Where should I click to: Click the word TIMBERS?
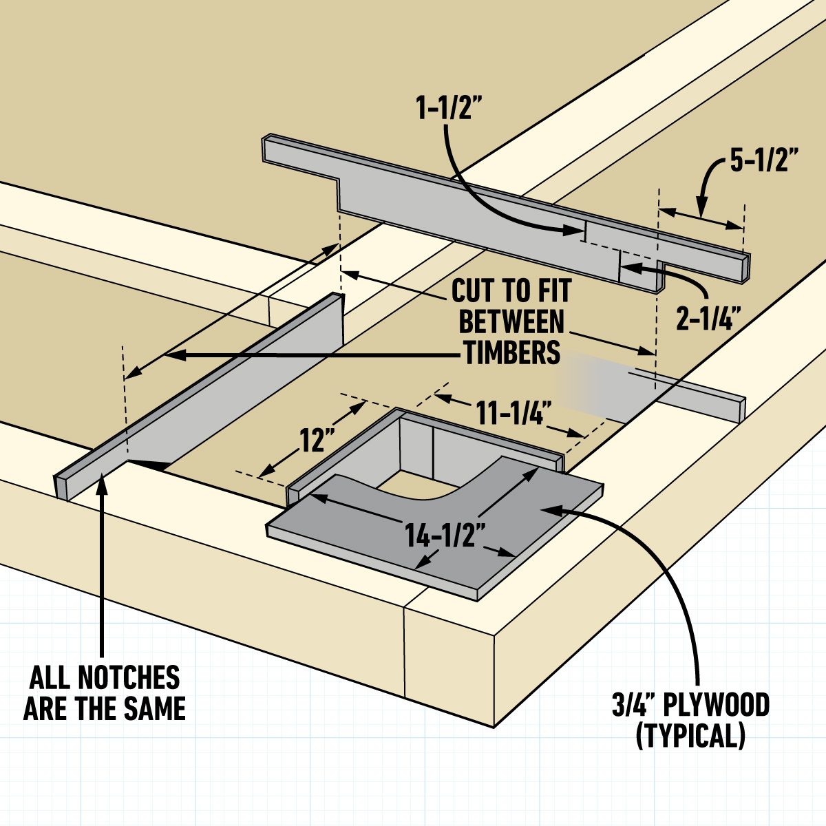(511, 352)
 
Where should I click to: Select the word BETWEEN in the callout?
(511, 321)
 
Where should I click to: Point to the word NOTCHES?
(129, 678)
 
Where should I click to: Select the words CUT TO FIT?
(511, 291)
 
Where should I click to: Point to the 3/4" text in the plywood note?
(631, 706)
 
